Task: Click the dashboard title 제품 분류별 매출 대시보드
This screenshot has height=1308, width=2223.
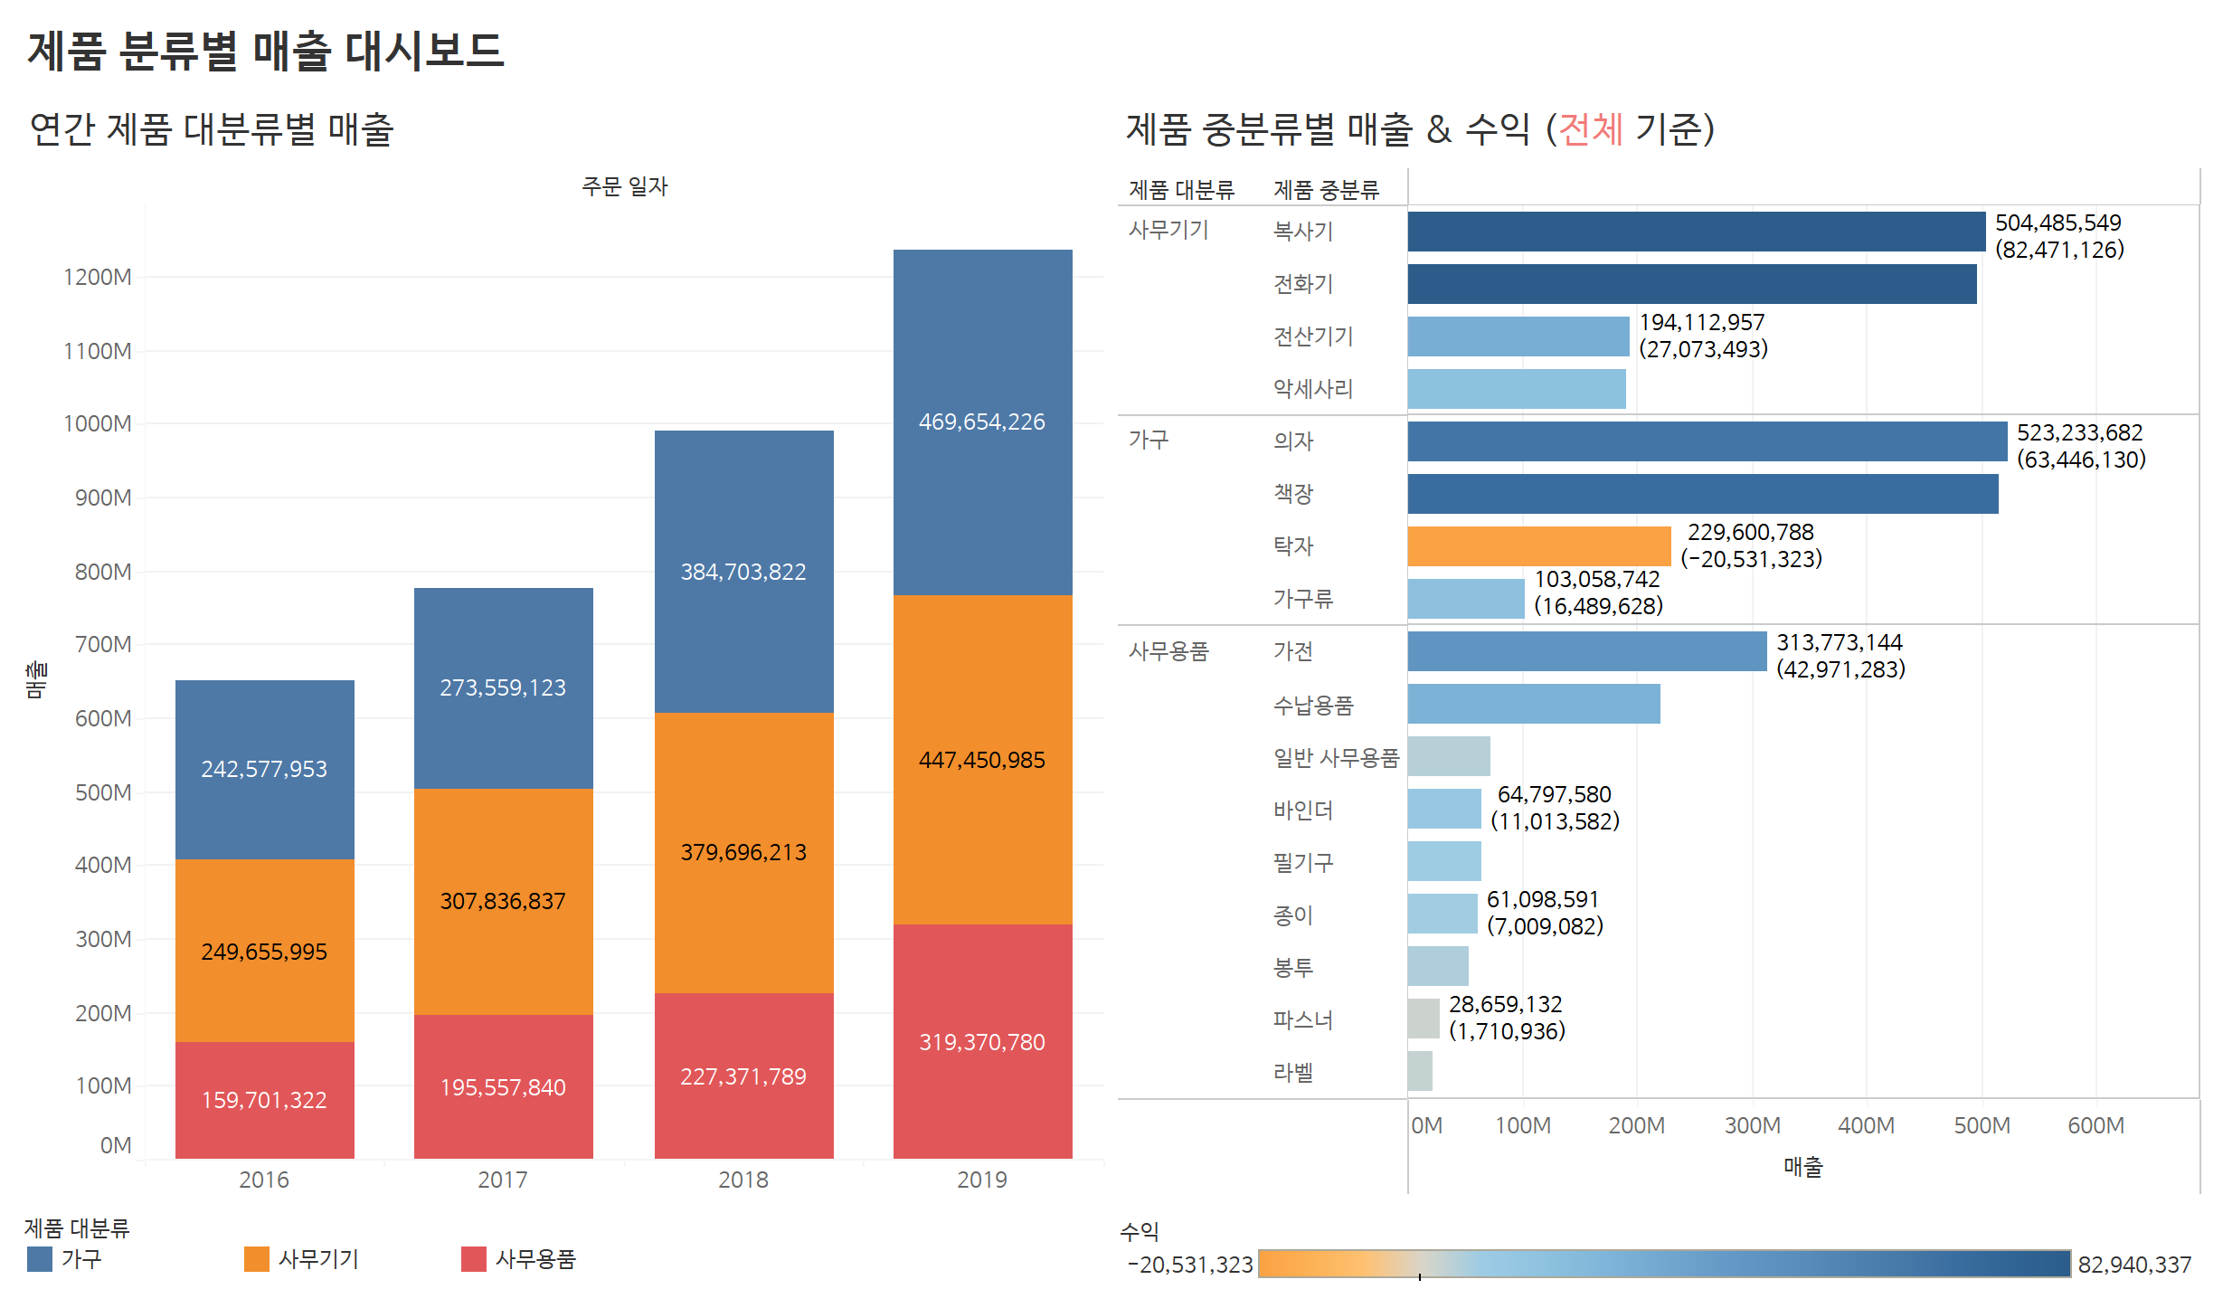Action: (x=265, y=51)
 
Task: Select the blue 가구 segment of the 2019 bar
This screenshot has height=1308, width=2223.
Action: (x=982, y=422)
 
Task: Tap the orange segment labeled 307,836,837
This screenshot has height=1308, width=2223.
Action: (x=503, y=901)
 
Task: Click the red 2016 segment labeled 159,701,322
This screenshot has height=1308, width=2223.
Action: (x=264, y=1099)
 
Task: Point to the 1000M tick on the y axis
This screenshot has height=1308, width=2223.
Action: (x=98, y=423)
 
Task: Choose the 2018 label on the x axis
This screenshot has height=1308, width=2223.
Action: (x=743, y=1180)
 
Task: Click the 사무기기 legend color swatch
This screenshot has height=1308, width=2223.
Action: (x=257, y=1259)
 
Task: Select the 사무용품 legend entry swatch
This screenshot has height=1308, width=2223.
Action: (x=474, y=1259)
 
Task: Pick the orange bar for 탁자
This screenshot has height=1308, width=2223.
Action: (x=1538, y=546)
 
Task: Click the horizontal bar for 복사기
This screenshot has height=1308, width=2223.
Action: (x=1696, y=232)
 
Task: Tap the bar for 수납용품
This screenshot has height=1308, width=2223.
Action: (x=1533, y=704)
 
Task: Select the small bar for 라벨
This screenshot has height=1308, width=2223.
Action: (x=1420, y=1071)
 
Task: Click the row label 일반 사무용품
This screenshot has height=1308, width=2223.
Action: (x=1336, y=757)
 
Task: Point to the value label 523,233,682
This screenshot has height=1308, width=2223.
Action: (x=2079, y=432)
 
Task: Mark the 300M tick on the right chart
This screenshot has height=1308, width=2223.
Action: (x=1752, y=1125)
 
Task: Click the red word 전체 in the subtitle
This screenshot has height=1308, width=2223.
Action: (x=1591, y=128)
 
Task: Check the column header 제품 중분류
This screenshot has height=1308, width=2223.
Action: (x=1326, y=190)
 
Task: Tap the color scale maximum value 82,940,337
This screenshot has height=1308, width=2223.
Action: (x=2134, y=1265)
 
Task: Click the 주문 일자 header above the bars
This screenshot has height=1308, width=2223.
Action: (x=624, y=186)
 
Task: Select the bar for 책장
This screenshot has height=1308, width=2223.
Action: (x=1702, y=494)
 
